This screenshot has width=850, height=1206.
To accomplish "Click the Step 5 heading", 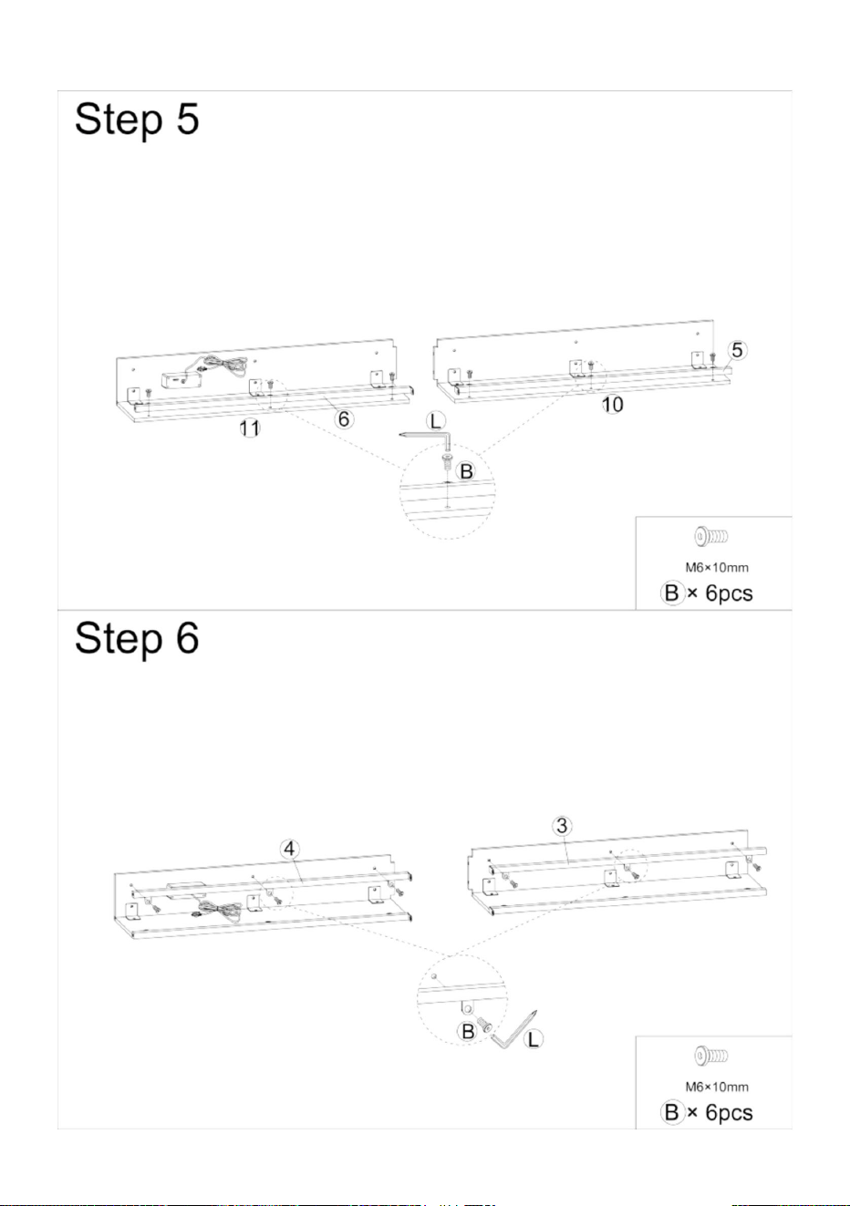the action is [137, 119].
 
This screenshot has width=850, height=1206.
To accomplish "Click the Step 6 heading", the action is [137, 638].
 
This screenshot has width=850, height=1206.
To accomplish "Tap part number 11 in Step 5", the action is [249, 428].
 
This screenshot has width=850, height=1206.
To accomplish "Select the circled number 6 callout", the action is [344, 418].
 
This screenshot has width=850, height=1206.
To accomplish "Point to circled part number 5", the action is [737, 350].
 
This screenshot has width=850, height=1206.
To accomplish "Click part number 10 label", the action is [612, 405].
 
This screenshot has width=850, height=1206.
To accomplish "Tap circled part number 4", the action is [290, 849].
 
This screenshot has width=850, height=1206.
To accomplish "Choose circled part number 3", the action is [562, 825].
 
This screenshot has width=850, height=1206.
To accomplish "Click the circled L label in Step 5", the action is [436, 421].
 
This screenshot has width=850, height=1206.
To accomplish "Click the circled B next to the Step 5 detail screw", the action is [466, 471].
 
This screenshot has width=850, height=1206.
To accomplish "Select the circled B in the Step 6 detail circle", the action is [468, 1032].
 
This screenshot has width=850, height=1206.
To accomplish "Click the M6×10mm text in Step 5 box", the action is [717, 568].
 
